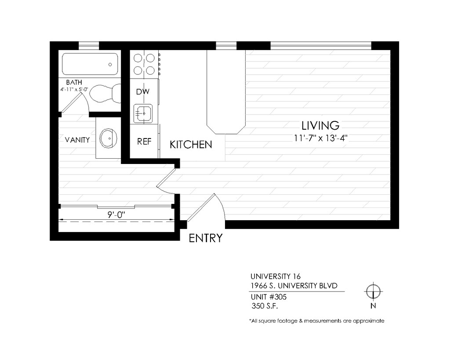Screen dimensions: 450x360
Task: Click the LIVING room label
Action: pyautogui.click(x=320, y=125)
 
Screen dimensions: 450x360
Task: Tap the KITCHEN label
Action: pyautogui.click(x=191, y=145)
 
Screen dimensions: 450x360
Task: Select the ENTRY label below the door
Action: pyautogui.click(x=206, y=238)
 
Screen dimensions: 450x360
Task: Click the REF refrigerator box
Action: pyautogui.click(x=144, y=141)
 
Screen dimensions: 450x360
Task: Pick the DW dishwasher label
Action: pyautogui.click(x=143, y=91)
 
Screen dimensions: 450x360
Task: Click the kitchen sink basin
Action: pyautogui.click(x=143, y=114)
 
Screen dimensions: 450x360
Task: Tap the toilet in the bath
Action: pyautogui.click(x=105, y=93)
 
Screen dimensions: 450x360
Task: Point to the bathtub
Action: pyautogui.click(x=90, y=64)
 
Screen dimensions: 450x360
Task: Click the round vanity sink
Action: pyautogui.click(x=109, y=138)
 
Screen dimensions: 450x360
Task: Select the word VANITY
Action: pyautogui.click(x=77, y=140)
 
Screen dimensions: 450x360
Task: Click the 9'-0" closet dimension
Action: pyautogui.click(x=116, y=215)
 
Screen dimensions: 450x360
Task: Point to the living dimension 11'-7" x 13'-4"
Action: pyautogui.click(x=320, y=138)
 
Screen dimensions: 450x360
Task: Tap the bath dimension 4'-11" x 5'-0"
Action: pyautogui.click(x=74, y=89)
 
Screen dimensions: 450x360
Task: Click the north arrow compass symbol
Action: pyautogui.click(x=373, y=292)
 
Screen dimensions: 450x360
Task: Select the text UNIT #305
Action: pyautogui.click(x=269, y=297)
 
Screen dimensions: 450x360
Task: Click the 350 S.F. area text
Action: pyautogui.click(x=265, y=306)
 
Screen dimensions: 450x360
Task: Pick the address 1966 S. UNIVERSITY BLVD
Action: pyautogui.click(x=294, y=286)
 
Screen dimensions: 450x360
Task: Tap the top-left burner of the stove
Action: pyautogui.click(x=138, y=58)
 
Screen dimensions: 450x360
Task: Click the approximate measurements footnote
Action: pyautogui.click(x=316, y=321)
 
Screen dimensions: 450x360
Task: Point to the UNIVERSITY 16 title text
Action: pyautogui.click(x=276, y=276)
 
